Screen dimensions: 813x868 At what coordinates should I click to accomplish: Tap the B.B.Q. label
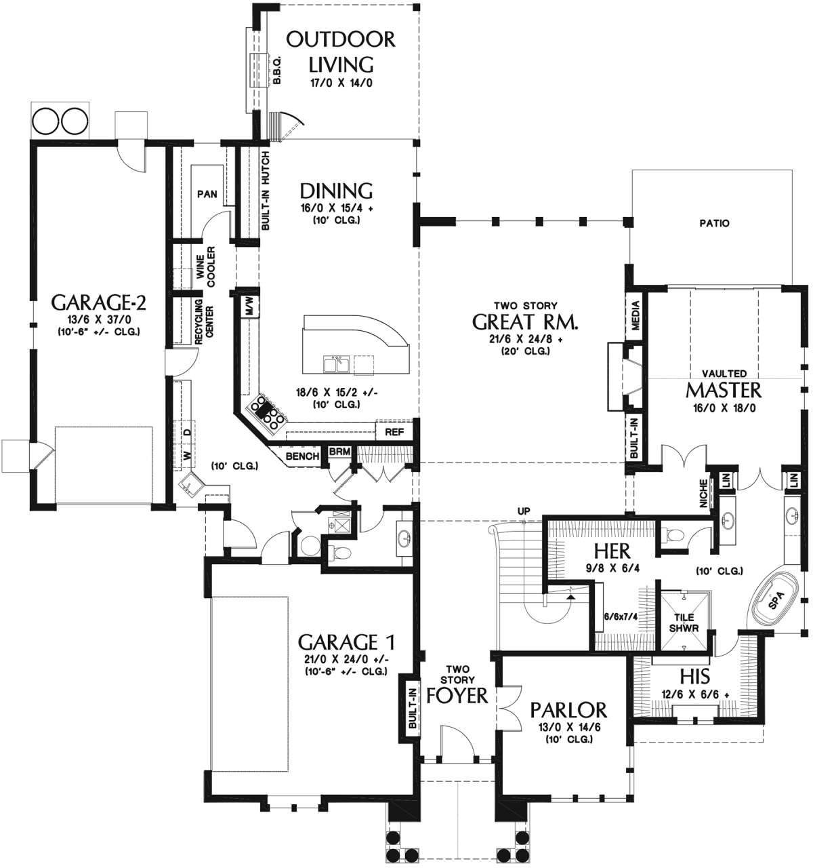276,69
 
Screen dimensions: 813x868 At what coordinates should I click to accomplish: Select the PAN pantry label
207,194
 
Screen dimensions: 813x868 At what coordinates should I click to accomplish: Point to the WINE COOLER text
205,267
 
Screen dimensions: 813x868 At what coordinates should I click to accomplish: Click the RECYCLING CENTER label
204,321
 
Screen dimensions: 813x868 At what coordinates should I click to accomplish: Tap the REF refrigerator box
394,432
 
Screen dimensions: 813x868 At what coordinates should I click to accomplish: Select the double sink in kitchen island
337,364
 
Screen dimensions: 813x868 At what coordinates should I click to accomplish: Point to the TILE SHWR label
684,623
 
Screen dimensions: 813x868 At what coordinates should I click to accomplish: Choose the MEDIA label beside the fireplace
635,315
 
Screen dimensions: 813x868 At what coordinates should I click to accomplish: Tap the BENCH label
302,456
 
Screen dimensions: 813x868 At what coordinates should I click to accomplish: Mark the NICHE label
703,494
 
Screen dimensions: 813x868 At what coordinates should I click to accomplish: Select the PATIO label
714,223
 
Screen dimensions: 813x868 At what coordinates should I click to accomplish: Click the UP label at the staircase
524,511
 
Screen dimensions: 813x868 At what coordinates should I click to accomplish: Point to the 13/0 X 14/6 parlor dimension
569,728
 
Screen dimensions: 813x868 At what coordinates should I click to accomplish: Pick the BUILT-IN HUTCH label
265,191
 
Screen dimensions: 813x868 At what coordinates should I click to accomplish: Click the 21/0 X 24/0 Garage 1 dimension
346,660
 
